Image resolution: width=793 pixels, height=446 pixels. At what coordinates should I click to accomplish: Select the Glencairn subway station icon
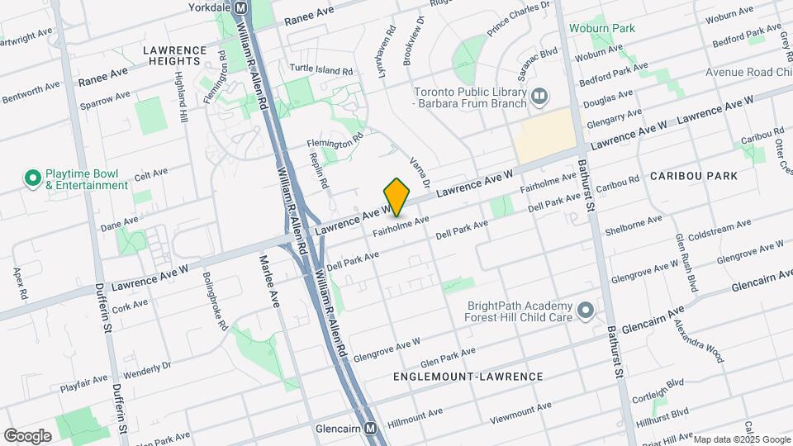(371, 429)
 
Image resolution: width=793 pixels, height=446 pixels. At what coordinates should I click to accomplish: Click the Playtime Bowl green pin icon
(33, 178)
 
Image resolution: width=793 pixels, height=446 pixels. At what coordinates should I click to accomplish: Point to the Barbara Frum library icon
(539, 97)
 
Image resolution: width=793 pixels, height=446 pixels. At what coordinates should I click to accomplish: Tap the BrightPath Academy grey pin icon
(586, 311)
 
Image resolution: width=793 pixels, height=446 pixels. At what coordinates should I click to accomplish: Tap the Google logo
(27, 435)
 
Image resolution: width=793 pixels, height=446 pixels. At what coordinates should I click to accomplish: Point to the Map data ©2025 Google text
(741, 439)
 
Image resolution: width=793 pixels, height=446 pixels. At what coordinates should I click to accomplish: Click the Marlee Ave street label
(270, 281)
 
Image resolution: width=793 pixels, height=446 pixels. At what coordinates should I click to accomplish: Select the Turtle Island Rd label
(321, 70)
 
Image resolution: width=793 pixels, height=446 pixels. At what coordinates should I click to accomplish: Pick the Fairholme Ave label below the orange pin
(401, 225)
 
